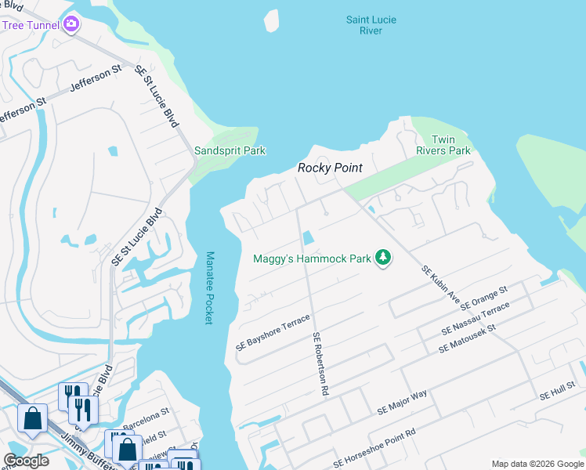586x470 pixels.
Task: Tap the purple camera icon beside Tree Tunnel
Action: click(72, 24)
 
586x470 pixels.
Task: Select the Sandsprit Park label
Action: click(230, 150)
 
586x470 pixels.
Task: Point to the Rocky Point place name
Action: click(329, 168)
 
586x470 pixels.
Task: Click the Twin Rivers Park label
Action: click(450, 145)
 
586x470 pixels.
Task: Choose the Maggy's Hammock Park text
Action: click(311, 258)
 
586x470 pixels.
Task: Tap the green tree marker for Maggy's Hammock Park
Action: click(383, 258)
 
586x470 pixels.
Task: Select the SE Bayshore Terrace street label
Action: click(273, 332)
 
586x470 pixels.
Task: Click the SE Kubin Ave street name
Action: click(439, 284)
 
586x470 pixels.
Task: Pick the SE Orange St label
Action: click(484, 297)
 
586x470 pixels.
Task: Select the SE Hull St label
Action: click(557, 395)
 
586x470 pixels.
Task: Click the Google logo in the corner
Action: click(26, 461)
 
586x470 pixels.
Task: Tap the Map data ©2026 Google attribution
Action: click(536, 464)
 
